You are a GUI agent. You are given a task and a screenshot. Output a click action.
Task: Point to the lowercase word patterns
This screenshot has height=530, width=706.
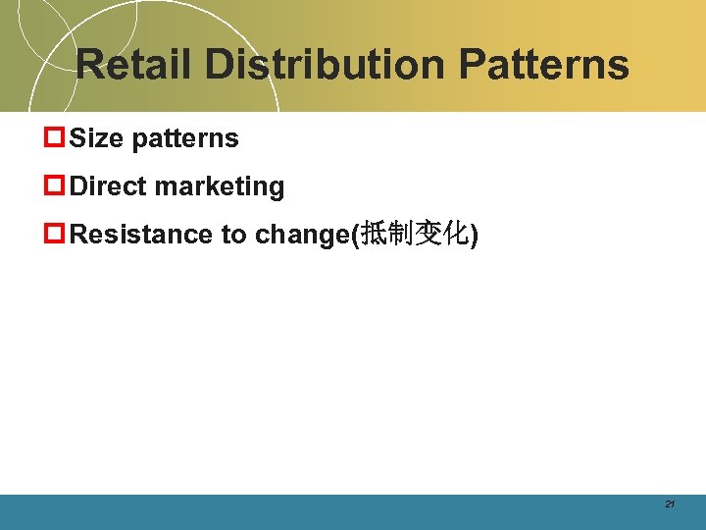click(185, 139)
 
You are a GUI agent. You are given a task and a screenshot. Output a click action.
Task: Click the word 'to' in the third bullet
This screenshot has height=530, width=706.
click(233, 235)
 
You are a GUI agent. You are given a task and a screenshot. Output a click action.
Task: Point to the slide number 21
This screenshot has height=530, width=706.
click(670, 504)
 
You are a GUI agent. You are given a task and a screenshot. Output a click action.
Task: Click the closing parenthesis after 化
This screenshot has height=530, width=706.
click(475, 236)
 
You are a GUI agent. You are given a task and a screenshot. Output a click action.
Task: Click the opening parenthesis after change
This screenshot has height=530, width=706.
click(357, 236)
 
